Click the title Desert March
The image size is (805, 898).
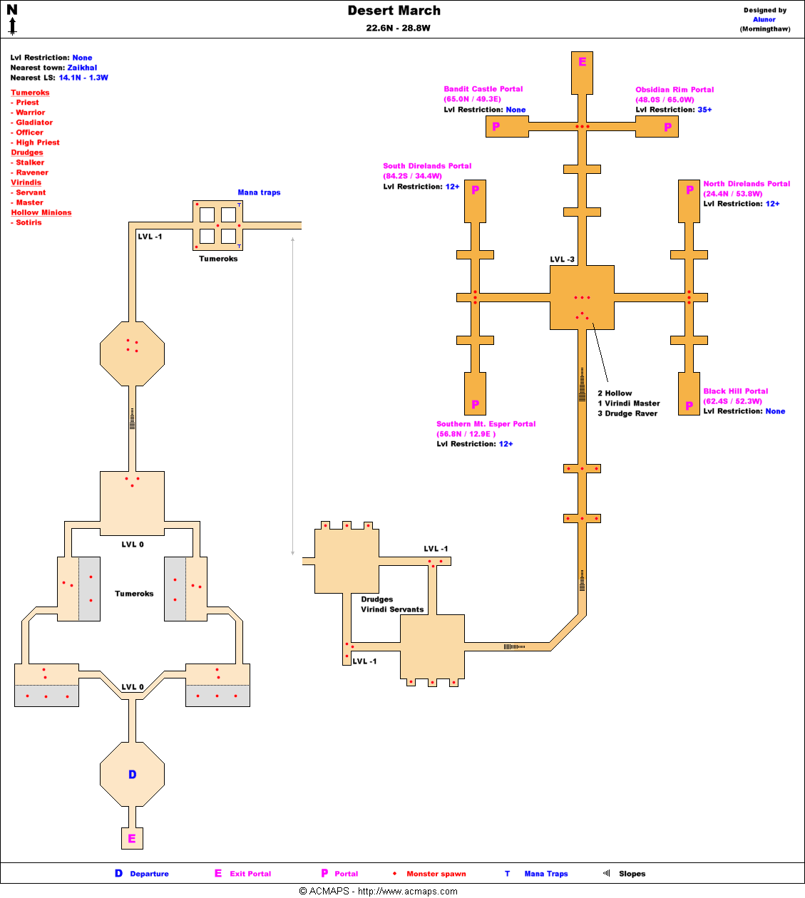pos(394,11)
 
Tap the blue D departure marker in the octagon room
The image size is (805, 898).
pos(132,775)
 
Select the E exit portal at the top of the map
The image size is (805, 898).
pos(582,62)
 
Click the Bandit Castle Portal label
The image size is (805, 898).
pos(483,89)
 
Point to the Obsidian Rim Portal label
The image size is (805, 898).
pos(675,90)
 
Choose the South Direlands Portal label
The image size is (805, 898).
pos(427,166)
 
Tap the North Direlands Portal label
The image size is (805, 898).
pos(747,184)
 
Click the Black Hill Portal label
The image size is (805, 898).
pos(735,391)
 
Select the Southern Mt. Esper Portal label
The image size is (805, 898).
pos(486,424)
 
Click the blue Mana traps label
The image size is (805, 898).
pos(259,192)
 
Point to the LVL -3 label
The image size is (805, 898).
pos(562,259)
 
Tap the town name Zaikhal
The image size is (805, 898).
pos(82,68)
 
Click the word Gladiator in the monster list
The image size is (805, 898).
pos(34,123)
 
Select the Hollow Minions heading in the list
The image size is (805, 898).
pos(41,212)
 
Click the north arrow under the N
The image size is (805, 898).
pos(12,27)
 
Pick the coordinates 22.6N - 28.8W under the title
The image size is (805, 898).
pos(398,29)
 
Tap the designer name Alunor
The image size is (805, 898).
pos(764,20)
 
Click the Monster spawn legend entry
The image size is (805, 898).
pos(436,874)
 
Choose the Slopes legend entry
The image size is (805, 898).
pos(632,874)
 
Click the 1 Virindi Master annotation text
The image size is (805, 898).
pos(628,403)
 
